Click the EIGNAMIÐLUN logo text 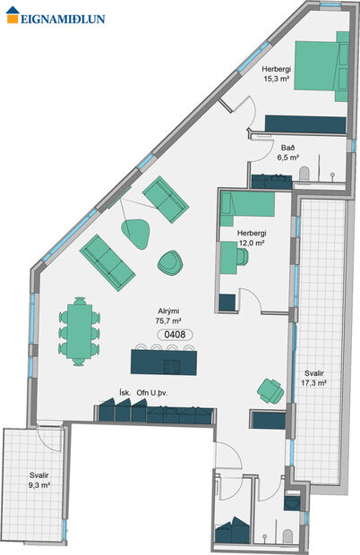click(x=58, y=14)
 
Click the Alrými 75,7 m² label click(x=168, y=315)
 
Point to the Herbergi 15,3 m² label click(x=277, y=73)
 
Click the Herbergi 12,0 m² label click(x=252, y=238)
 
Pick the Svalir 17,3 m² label click(x=313, y=378)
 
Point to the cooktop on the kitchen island click(x=173, y=365)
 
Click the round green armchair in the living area click(x=171, y=262)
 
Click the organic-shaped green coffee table click(x=137, y=232)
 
